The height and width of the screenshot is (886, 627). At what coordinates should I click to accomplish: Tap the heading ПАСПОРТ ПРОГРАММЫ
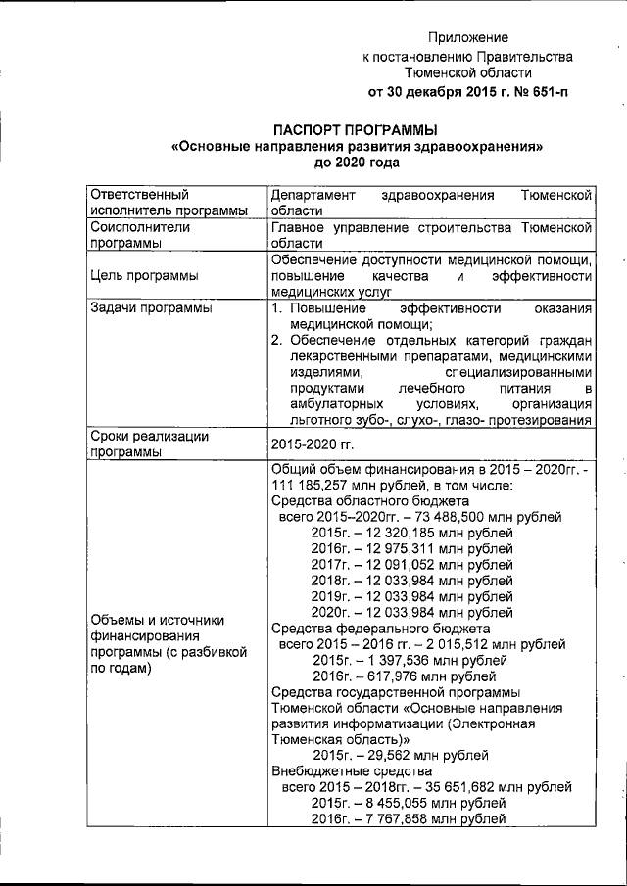pos(356,130)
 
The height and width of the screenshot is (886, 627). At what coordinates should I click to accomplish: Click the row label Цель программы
pos(143,275)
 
